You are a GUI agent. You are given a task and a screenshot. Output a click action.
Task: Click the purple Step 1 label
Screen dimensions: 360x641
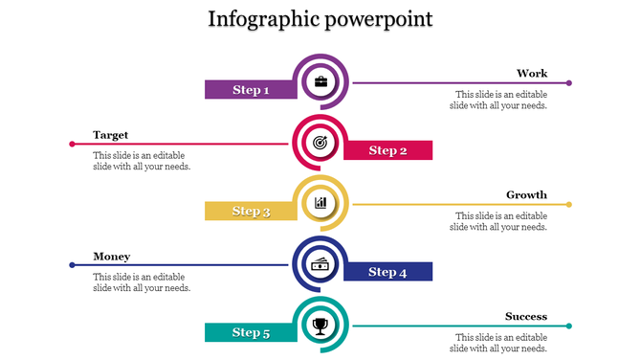point(251,90)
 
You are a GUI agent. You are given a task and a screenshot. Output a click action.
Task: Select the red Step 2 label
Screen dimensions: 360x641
point(388,150)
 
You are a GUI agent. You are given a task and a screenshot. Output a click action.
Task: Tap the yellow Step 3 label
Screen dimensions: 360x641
point(251,212)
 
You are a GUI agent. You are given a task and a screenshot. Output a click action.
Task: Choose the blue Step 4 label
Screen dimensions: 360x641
point(388,272)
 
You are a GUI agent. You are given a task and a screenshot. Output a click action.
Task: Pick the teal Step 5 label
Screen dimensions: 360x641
point(251,333)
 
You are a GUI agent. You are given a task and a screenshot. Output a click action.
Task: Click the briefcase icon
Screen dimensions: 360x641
point(320,81)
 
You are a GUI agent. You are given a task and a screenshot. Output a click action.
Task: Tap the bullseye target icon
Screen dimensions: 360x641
point(320,143)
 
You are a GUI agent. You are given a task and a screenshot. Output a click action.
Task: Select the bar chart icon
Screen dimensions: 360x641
point(320,203)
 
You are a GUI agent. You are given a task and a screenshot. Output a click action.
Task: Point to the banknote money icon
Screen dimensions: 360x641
point(320,264)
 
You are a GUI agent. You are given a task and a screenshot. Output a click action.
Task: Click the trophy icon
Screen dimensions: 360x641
point(320,326)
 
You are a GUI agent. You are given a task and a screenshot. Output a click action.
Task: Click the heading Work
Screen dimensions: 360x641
point(532,74)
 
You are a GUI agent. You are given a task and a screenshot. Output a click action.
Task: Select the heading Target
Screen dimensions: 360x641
point(110,135)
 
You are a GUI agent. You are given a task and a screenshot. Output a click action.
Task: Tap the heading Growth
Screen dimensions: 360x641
point(526,195)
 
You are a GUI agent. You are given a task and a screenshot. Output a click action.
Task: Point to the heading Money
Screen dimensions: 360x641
point(112,257)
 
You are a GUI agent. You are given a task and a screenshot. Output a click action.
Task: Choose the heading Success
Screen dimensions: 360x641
point(526,317)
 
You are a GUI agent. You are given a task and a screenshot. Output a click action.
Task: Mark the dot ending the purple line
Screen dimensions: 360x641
point(569,83)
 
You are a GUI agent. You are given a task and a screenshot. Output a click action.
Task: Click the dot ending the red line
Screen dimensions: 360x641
point(72,144)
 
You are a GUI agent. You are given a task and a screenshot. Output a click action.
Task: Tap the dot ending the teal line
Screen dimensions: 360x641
point(569,326)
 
